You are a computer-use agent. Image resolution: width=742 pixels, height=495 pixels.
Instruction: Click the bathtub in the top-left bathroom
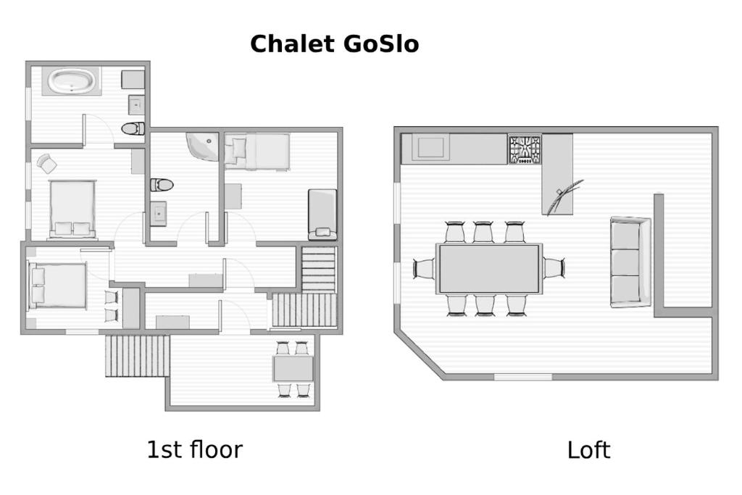[72, 81]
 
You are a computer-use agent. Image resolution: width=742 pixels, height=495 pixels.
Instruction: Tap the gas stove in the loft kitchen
[525, 149]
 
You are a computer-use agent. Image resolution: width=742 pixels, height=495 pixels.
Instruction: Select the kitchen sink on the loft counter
[430, 147]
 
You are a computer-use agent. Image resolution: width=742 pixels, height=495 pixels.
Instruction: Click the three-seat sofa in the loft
[630, 262]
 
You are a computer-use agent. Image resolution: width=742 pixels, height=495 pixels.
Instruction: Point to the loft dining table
[489, 268]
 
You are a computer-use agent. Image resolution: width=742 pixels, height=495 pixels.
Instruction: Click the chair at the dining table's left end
[424, 268]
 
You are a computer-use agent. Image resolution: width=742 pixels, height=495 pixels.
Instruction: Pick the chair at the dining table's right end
[554, 268]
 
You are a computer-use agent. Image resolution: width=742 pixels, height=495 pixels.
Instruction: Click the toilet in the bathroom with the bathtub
[133, 128]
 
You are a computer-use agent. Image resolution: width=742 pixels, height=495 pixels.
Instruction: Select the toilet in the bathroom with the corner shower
[162, 185]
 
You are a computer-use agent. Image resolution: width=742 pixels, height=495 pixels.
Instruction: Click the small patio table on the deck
[293, 369]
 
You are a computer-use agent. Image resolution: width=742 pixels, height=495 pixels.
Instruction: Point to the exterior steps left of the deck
[137, 356]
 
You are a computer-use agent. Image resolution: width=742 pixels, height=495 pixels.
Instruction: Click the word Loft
[588, 450]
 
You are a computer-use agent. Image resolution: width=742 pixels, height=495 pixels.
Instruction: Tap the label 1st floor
[194, 449]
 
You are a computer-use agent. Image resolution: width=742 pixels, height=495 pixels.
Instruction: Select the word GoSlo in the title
[380, 43]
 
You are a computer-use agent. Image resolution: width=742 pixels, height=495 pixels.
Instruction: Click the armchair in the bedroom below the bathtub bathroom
[46, 163]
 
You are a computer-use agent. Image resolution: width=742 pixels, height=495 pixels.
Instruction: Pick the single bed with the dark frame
[322, 215]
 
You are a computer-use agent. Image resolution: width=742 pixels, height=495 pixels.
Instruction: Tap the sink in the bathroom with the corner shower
[158, 213]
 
